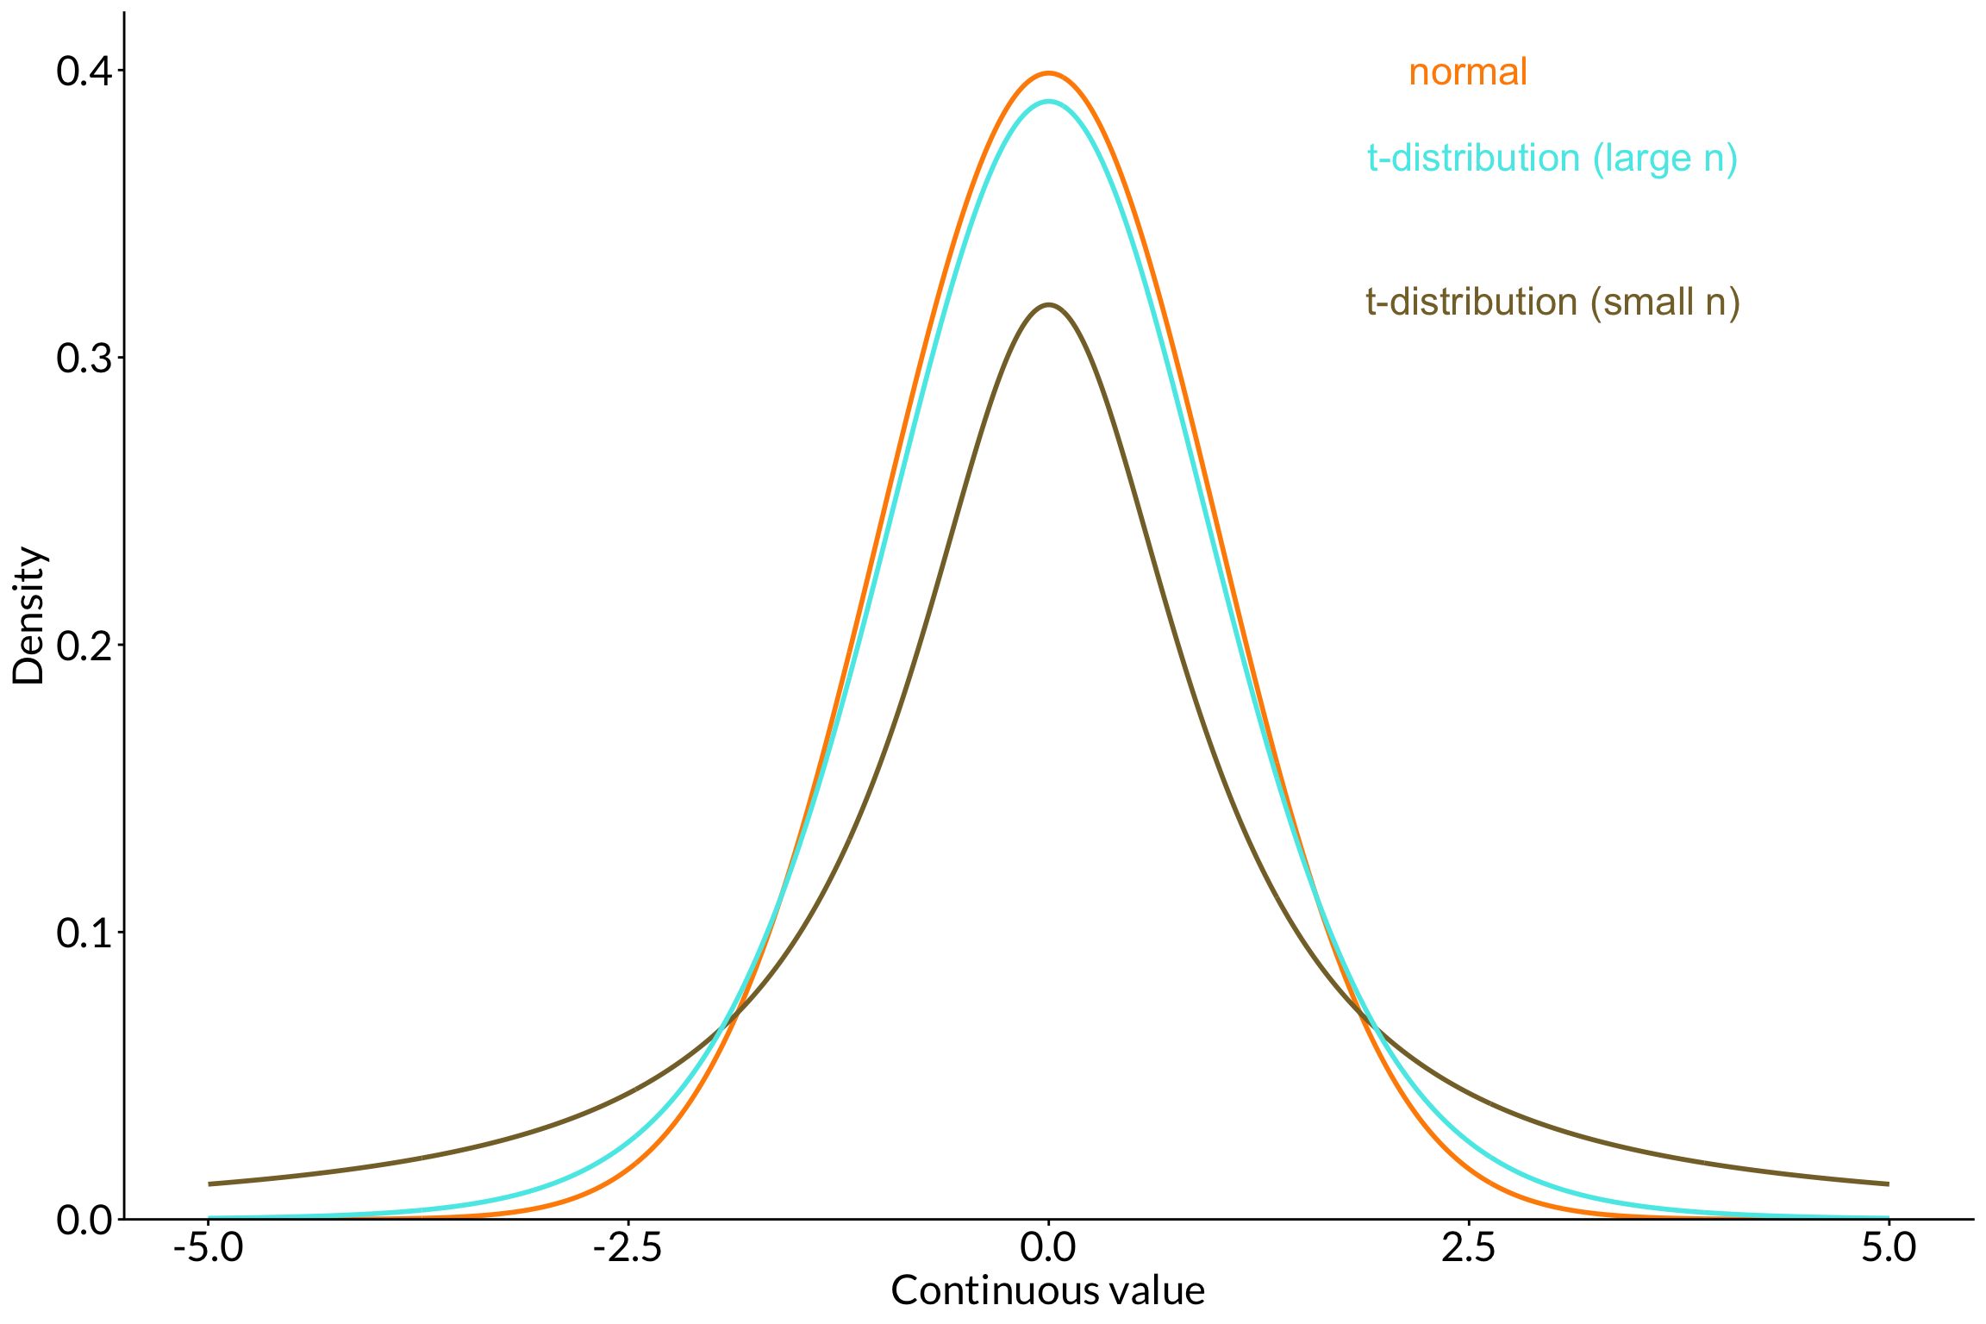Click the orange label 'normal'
(x=1467, y=72)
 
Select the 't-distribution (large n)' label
(x=1552, y=159)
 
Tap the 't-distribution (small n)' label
(x=1552, y=303)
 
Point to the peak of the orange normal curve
(x=1048, y=73)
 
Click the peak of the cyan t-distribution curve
(x=1048, y=102)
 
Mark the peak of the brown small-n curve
(x=1048, y=305)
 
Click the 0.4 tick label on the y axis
(x=84, y=72)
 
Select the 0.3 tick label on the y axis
(x=84, y=359)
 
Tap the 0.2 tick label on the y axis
(x=84, y=646)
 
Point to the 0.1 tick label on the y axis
(x=84, y=933)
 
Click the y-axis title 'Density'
(x=28, y=615)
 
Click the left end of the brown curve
(x=210, y=1183)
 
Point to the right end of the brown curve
(x=1888, y=1183)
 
